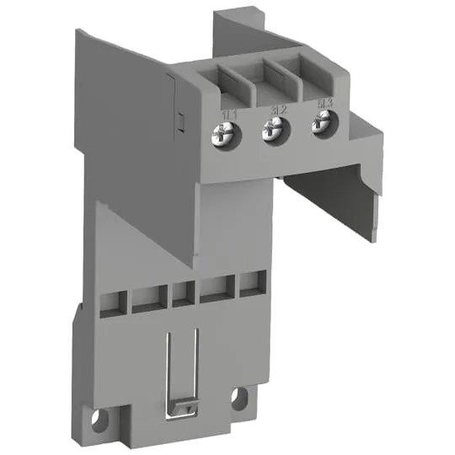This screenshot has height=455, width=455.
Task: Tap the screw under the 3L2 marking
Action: coord(272,131)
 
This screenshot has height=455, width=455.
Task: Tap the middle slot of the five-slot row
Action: coord(183,294)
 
